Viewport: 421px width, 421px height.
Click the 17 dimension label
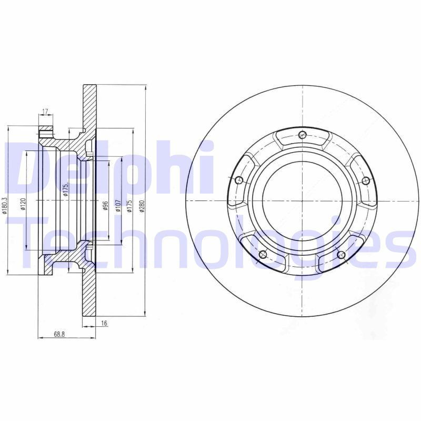(x=45, y=111)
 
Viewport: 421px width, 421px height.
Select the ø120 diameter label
(x=23, y=203)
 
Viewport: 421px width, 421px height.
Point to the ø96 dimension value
(x=105, y=205)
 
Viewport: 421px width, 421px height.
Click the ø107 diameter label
(x=118, y=205)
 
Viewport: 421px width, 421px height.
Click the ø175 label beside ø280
(x=128, y=206)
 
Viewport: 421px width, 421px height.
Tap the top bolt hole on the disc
(x=302, y=135)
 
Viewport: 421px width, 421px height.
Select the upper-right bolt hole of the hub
(x=366, y=181)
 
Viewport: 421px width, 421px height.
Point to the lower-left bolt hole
(x=263, y=255)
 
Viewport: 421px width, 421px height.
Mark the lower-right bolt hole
(x=341, y=255)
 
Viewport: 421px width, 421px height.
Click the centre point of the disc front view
(x=302, y=201)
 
